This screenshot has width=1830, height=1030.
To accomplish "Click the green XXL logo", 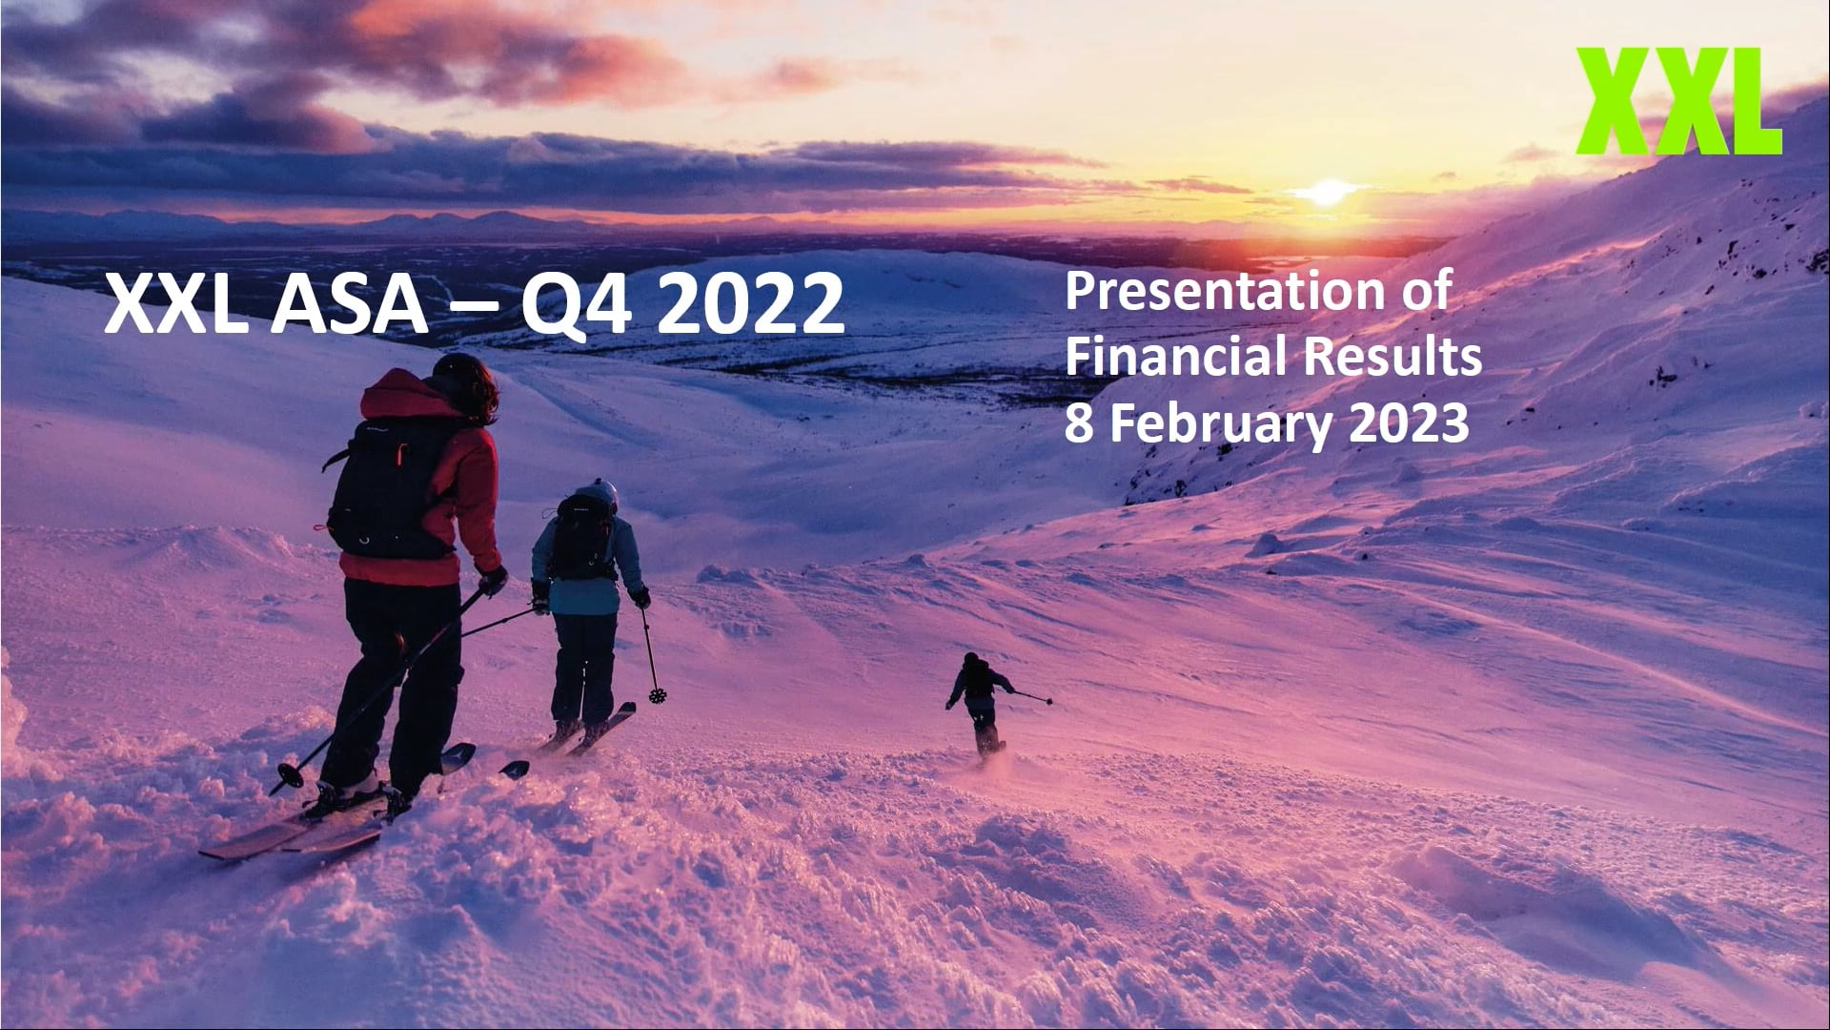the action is click(x=1679, y=101).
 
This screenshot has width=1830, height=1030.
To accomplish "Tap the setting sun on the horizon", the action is click(x=1325, y=193).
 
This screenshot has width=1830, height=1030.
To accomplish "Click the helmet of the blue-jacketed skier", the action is click(x=598, y=495).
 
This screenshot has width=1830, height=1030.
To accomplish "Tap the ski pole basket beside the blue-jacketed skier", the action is click(x=656, y=694).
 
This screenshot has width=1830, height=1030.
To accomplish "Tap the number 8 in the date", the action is click(x=1078, y=424).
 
